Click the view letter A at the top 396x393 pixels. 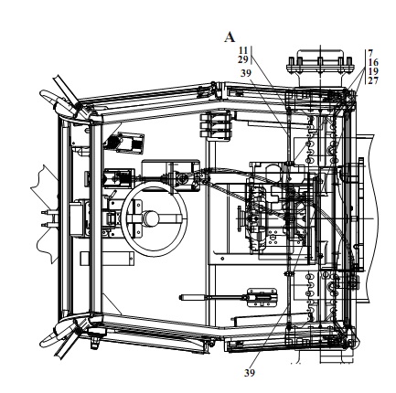click(x=230, y=37)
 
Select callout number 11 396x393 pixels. click(x=243, y=50)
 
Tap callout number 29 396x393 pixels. click(x=243, y=59)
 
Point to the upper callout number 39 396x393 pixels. click(x=245, y=73)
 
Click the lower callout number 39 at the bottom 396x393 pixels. click(x=250, y=373)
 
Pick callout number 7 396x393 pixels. click(x=370, y=53)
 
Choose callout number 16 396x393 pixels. click(x=373, y=62)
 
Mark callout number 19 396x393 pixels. click(x=373, y=71)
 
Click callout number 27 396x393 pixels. click(x=373, y=80)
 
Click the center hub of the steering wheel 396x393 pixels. click(x=151, y=218)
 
